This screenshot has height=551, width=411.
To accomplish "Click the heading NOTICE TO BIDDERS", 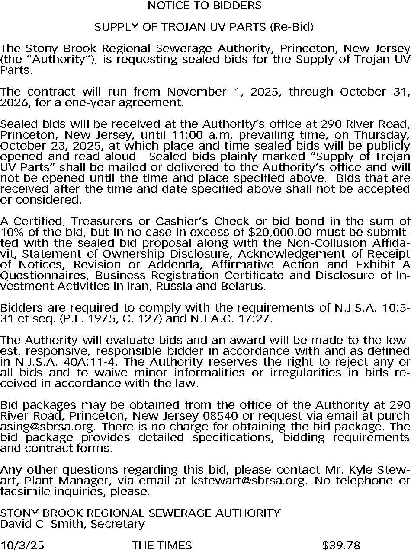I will (205, 6).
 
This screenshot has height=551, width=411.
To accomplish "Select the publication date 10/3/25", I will (22, 545).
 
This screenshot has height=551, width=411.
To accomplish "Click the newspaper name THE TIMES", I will (162, 545).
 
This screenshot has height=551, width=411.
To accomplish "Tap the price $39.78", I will (341, 545).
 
